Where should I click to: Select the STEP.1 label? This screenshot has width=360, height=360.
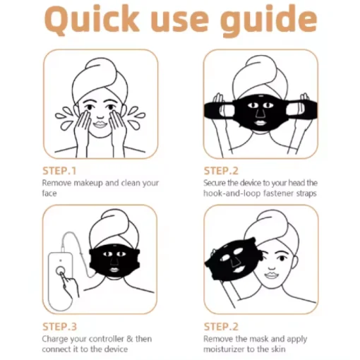coord(59,171)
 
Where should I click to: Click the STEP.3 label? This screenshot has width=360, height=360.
coord(59,326)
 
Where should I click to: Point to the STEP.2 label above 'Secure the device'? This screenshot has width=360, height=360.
coord(222,171)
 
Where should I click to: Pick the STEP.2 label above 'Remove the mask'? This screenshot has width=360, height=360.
coord(222,326)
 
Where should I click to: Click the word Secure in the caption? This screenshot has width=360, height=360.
coord(216,183)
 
